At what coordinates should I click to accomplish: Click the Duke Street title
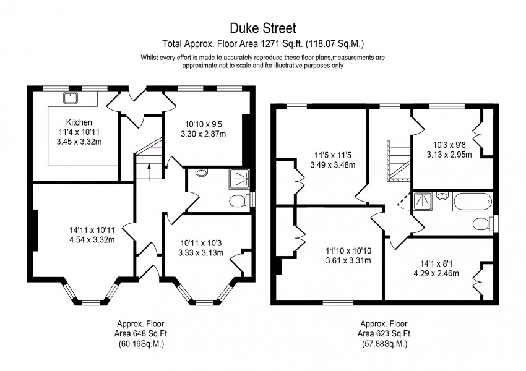coord(263,28)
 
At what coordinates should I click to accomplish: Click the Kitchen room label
coord(79,122)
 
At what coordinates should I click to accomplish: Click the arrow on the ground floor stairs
coord(149,173)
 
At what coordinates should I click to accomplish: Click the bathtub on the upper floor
coord(472,201)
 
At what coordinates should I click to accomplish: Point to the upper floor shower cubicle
coord(424,200)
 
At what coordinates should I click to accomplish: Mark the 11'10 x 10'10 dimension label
coord(348,255)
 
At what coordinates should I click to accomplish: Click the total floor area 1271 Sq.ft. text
coord(263,44)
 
